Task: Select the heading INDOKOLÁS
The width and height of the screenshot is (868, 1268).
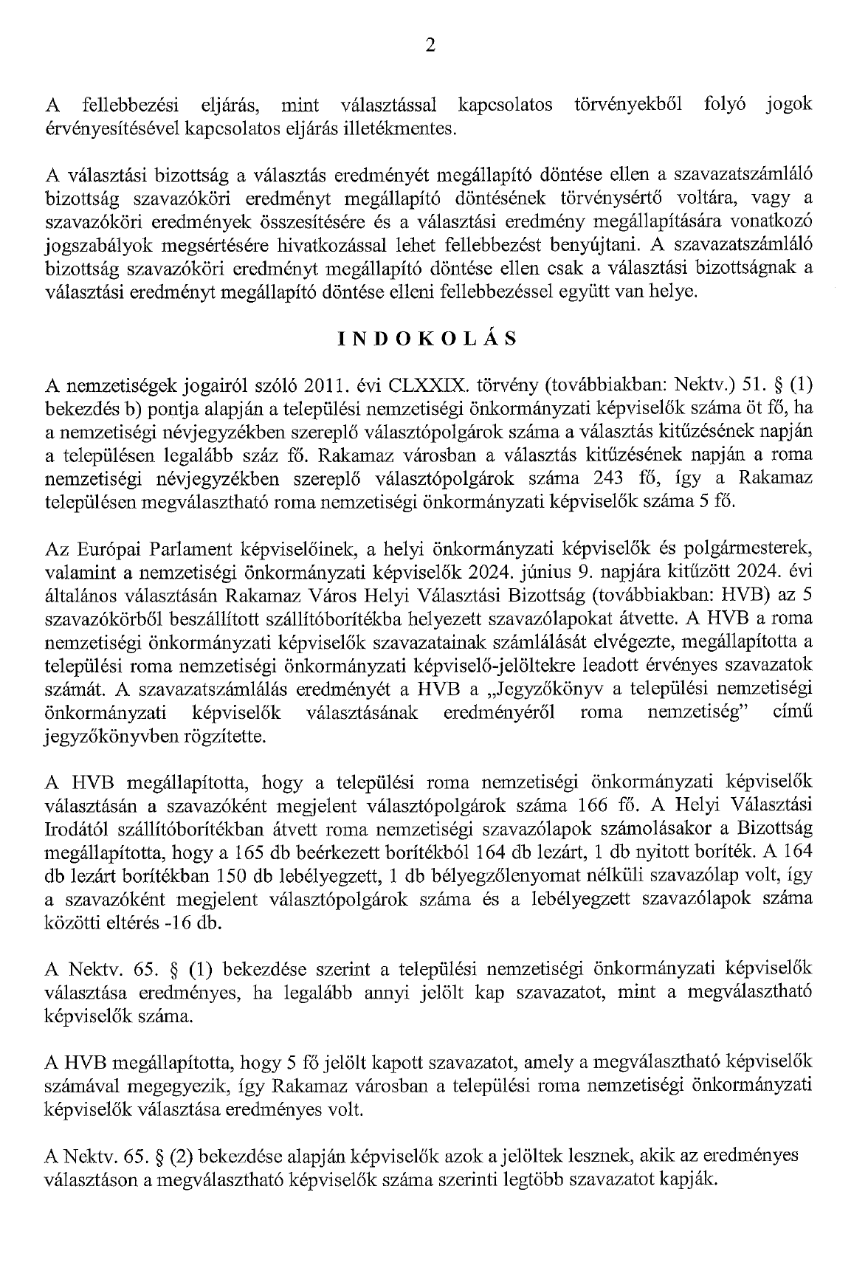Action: pos(427,339)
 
